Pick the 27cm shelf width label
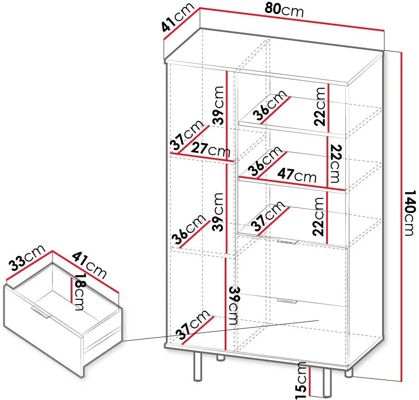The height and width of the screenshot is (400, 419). (210, 150)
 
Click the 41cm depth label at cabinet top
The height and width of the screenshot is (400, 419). (177, 17)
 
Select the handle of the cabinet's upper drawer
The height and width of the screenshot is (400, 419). (288, 241)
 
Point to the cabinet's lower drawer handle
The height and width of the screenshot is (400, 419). (287, 301)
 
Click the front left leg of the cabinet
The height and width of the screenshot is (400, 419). (197, 366)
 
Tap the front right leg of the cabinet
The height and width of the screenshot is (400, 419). (327, 383)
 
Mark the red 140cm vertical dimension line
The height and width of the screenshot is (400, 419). (401, 216)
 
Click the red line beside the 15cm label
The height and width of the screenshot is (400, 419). (309, 381)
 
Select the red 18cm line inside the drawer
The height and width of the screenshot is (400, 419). (72, 290)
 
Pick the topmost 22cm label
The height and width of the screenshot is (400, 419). (320, 106)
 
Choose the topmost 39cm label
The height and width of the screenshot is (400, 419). (218, 105)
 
